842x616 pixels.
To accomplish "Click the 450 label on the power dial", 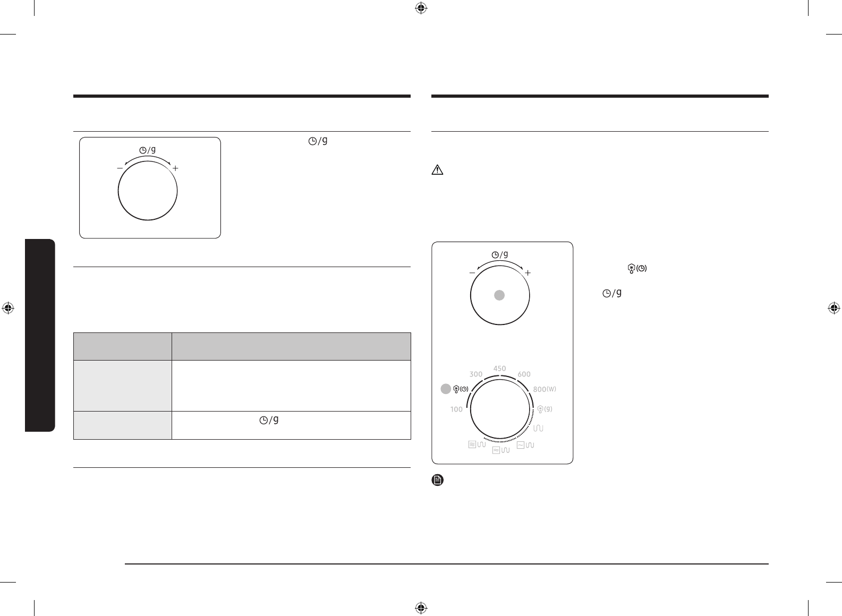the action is click(499, 369).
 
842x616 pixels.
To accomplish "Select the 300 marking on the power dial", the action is click(476, 374).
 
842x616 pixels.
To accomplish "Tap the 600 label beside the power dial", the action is click(524, 374).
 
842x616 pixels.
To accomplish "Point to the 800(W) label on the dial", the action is click(545, 389).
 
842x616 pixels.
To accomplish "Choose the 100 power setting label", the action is click(456, 409).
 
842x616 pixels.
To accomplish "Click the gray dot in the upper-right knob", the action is click(499, 295).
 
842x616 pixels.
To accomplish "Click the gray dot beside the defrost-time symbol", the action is click(446, 389).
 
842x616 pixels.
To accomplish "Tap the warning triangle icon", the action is click(438, 170).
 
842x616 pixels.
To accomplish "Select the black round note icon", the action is click(438, 480).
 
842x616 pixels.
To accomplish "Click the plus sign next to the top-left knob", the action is click(175, 168).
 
